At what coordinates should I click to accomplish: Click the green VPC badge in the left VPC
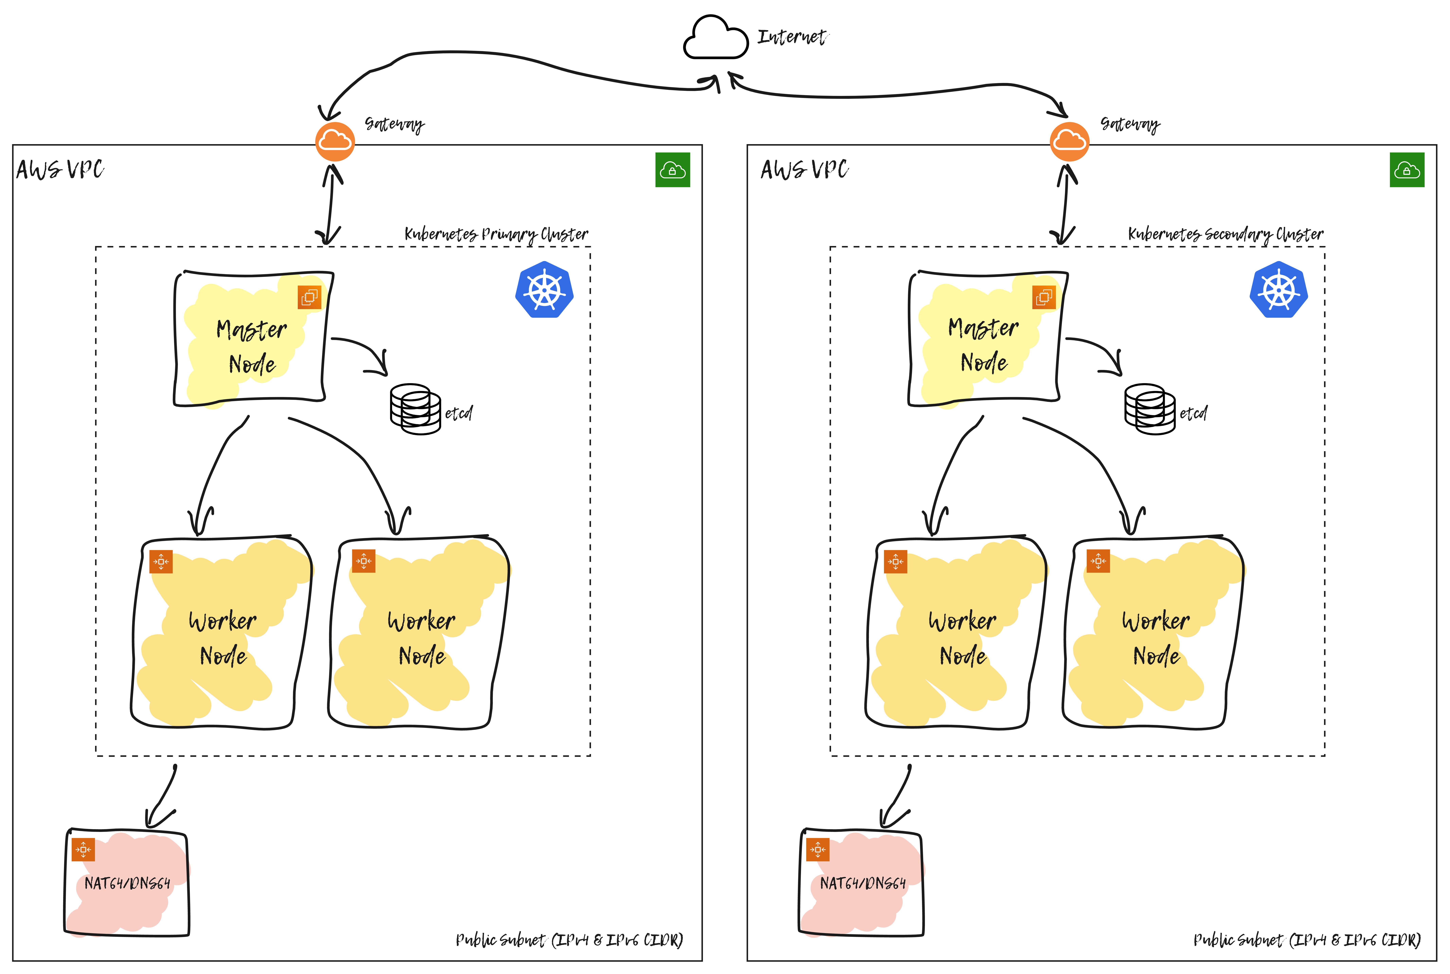(x=672, y=170)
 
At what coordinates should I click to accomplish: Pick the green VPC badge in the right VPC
(x=1407, y=170)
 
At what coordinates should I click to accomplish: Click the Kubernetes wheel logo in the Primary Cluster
(x=544, y=290)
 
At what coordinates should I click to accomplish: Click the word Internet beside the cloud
(x=792, y=37)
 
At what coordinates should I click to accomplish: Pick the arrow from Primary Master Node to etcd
(x=366, y=351)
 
